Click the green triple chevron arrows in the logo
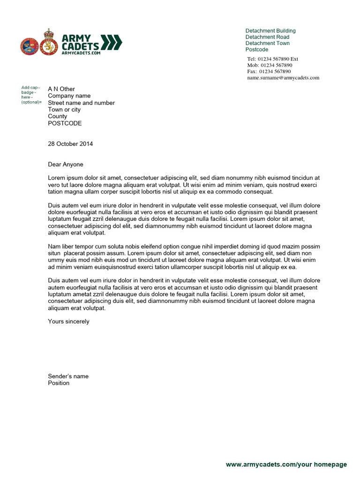pyautogui.click(x=112, y=42)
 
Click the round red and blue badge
pyautogui.click(x=29, y=46)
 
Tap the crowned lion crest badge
pyautogui.click(x=48, y=43)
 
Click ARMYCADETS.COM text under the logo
pyautogui.click(x=81, y=53)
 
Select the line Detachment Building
pyautogui.click(x=270, y=31)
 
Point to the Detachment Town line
pyautogui.click(x=268, y=43)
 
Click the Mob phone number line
pyautogui.click(x=270, y=65)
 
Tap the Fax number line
pyautogui.click(x=269, y=71)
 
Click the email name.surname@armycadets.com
pyautogui.click(x=283, y=78)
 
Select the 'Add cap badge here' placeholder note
pyautogui.click(x=31, y=95)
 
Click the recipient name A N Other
pyautogui.click(x=61, y=89)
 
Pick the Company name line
pyautogui.click(x=69, y=96)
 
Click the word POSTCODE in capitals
pyautogui.click(x=65, y=123)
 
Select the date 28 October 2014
pyautogui.click(x=70, y=144)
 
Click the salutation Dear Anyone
pyautogui.click(x=66, y=165)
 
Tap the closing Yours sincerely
pyautogui.click(x=68, y=322)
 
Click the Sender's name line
pyautogui.click(x=68, y=376)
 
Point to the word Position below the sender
pyautogui.click(x=59, y=383)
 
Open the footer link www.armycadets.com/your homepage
pyautogui.click(x=286, y=465)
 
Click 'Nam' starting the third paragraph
pyautogui.click(x=54, y=247)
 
